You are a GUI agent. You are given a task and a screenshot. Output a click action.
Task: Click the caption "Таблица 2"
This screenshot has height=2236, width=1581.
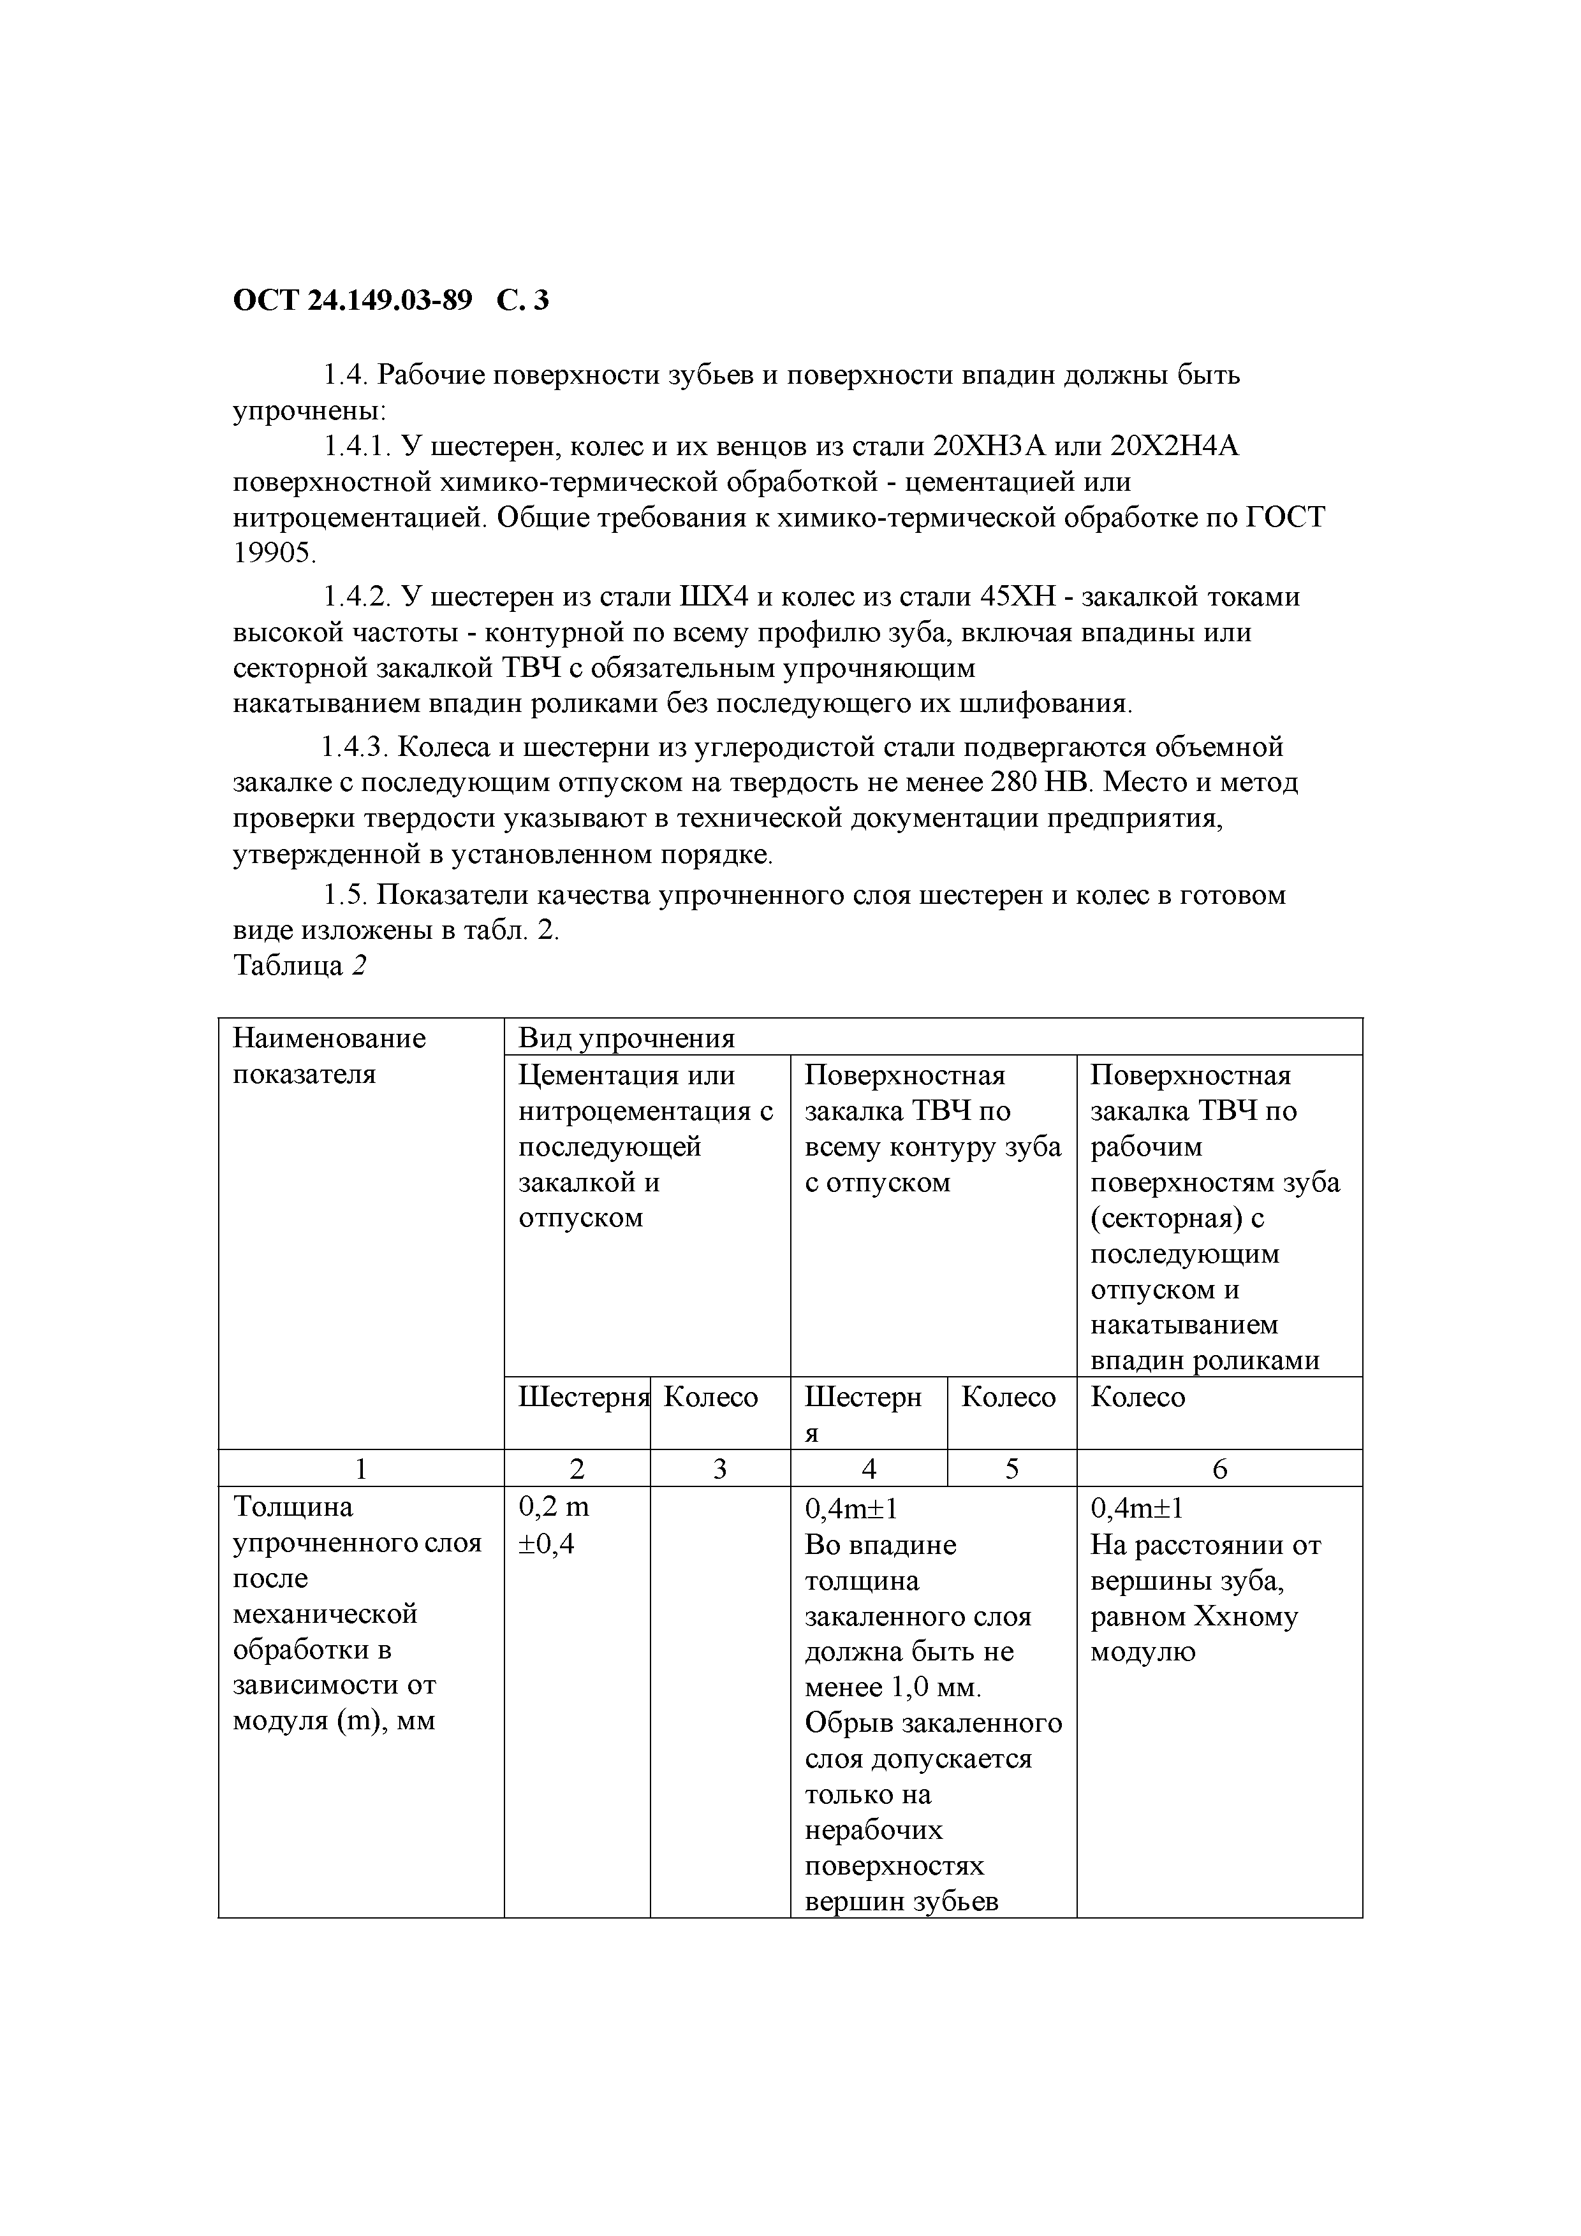[x=300, y=966]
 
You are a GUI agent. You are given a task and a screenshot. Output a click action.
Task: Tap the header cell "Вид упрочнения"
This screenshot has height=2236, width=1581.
[x=626, y=1038]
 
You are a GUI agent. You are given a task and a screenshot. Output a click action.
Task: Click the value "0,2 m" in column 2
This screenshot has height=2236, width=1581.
[x=554, y=1507]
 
